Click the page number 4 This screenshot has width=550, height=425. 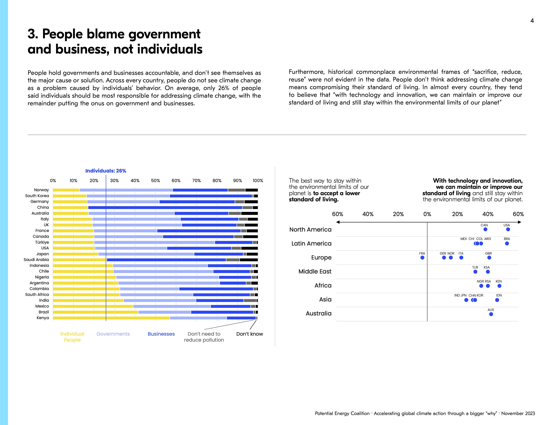pos(532,21)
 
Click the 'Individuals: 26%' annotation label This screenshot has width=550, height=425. pos(106,171)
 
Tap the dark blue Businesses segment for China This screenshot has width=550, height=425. pos(165,208)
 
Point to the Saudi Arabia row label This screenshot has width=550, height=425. pos(36,259)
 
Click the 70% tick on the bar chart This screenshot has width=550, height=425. pos(196,180)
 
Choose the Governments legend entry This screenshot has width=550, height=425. pos(113,334)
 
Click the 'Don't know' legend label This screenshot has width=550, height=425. pos(249,334)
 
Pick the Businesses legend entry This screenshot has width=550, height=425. pos(161,334)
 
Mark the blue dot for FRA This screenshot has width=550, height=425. pos(422,257)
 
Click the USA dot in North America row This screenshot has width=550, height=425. pos(508,229)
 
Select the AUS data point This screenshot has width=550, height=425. pos(491,314)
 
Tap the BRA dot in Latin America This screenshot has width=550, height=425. pos(507,243)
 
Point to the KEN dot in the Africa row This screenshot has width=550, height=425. pos(499,286)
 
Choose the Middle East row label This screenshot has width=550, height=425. pos(315,271)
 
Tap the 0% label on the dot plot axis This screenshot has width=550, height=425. pos(427,214)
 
